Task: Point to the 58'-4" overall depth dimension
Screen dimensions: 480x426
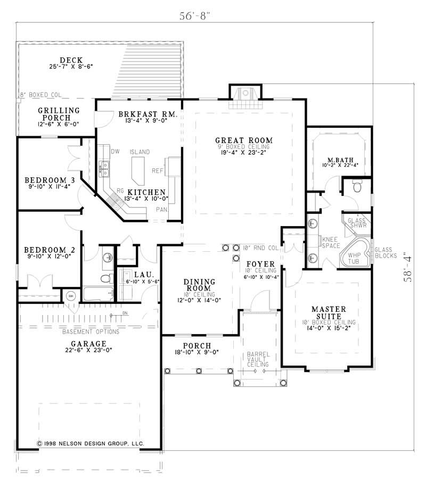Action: click(x=408, y=266)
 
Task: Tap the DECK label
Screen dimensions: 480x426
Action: click(x=70, y=60)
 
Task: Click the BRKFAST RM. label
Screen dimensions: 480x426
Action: click(x=141, y=114)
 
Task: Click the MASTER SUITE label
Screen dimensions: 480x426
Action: click(x=329, y=313)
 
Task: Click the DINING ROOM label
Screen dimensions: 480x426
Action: click(x=199, y=285)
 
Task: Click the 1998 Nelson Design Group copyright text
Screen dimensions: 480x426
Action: click(x=91, y=443)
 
